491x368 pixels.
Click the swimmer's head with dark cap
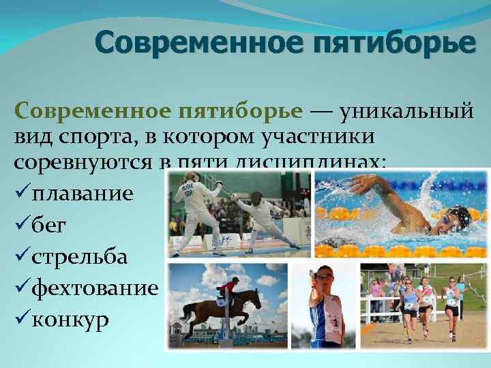point(458,218)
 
